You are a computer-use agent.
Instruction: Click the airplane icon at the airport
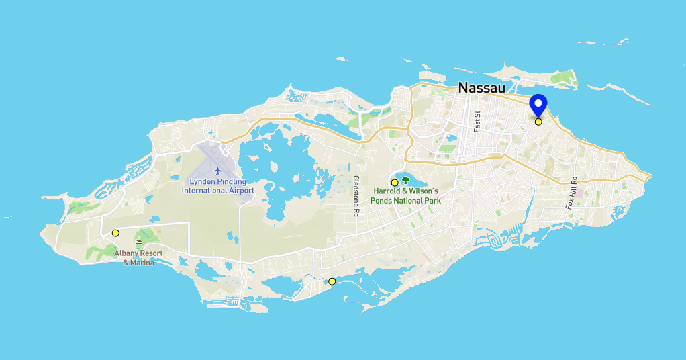coord(217,171)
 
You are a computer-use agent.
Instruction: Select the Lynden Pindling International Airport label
coord(217,186)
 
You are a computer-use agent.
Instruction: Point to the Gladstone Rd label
coord(356,195)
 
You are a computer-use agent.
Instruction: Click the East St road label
coord(477,122)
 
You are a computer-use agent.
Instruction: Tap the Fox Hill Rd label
coord(571,193)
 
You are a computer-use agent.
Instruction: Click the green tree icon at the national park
coord(405,180)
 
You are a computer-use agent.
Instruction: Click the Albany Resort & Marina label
coord(138,257)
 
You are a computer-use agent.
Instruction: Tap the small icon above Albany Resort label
coord(139,242)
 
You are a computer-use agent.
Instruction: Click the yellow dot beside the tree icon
coord(395,183)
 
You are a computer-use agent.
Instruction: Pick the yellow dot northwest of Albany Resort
coord(115,233)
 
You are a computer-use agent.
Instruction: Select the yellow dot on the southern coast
coord(332,281)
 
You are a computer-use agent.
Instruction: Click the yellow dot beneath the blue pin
coord(538,122)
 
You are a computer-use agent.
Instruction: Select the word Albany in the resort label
coord(126,253)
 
